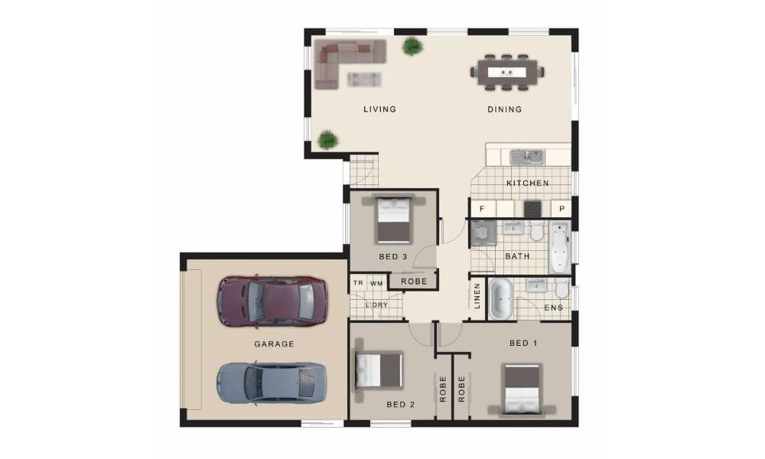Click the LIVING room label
coord(379,109)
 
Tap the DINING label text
coord(504,109)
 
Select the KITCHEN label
coord(527,183)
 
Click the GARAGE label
coord(274,344)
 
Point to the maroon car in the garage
coord(272,301)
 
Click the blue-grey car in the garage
coord(272,383)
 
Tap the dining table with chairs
coord(507,72)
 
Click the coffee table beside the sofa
coord(364,79)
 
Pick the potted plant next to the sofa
coord(412,47)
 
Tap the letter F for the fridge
coord(481,209)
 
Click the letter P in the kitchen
coord(562,209)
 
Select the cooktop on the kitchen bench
coord(532,209)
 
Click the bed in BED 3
coord(394,220)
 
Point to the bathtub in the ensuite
coord(500,299)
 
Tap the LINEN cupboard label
coord(477,296)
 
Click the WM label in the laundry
coord(376,283)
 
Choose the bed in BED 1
coord(522,390)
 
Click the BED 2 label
coord(401,405)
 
